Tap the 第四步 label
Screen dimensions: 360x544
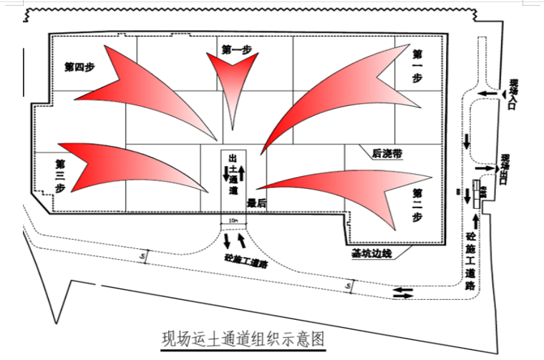(x=79, y=67)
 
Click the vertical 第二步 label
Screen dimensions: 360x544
(x=417, y=204)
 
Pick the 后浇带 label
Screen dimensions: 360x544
(x=387, y=152)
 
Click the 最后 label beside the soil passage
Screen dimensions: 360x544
(x=256, y=203)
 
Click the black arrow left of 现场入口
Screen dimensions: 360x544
(x=489, y=94)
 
